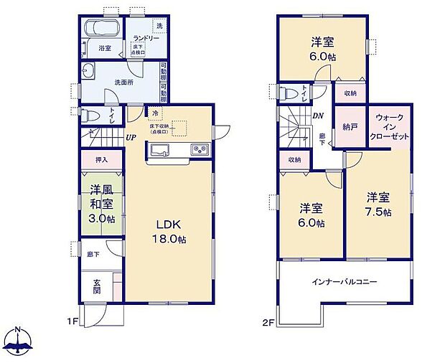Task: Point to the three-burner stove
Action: tap(198, 150)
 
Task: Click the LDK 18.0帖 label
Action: tap(169, 232)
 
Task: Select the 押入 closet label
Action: tap(100, 160)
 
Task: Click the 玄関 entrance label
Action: tap(97, 286)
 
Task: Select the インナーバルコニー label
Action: tap(345, 282)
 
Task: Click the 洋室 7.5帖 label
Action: tap(378, 204)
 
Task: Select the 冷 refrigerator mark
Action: tap(155, 113)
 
